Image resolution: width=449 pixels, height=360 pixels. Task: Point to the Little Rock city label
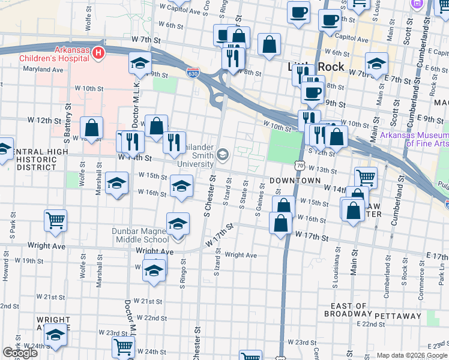[316, 67]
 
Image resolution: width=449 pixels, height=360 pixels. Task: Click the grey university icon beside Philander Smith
[223, 155]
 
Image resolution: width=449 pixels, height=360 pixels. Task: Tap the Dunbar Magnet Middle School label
[140, 235]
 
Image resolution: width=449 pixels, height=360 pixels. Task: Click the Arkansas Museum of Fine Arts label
[415, 139]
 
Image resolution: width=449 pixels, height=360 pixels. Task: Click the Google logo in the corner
[20, 353]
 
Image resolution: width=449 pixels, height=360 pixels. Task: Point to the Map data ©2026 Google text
[412, 355]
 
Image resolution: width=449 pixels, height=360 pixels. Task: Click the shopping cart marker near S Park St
[55, 220]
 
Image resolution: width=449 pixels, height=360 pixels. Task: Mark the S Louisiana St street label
[338, 265]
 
